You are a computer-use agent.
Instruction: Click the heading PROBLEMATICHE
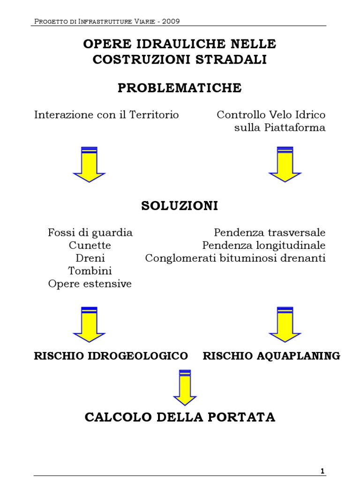point(180,88)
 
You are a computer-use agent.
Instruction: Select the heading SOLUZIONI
point(180,206)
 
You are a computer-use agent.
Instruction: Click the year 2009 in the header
point(170,21)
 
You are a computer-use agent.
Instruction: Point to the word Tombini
point(90,271)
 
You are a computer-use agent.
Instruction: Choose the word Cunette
point(90,245)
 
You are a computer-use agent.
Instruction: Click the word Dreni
point(90,258)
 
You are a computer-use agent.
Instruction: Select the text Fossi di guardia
point(90,232)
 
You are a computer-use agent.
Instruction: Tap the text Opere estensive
point(90,284)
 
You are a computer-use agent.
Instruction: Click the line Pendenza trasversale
point(270,232)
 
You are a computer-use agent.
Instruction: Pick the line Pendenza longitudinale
point(264,245)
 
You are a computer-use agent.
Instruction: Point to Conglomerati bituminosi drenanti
point(235,258)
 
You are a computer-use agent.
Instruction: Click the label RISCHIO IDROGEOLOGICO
point(111,356)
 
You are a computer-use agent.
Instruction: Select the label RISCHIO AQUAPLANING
point(271,356)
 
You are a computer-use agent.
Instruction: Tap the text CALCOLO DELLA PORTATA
point(180,417)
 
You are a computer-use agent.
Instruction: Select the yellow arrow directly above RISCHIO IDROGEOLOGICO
point(89,324)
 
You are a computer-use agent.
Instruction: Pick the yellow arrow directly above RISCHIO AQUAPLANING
point(285,324)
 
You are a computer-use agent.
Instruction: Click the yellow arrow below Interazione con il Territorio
point(89,164)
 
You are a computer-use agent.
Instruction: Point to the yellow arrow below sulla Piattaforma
point(285,164)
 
